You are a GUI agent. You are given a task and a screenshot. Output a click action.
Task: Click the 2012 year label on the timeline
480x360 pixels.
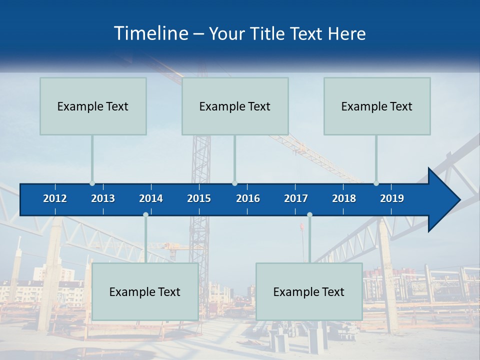click(55, 198)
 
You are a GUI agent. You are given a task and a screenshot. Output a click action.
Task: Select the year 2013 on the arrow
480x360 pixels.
click(103, 198)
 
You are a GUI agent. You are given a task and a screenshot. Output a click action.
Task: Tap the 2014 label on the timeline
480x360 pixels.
click(151, 198)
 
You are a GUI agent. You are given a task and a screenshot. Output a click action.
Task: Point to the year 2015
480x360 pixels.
click(199, 198)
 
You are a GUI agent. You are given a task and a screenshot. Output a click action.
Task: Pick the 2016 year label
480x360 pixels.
click(248, 198)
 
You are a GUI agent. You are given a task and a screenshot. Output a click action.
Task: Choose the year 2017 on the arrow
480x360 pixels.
click(296, 198)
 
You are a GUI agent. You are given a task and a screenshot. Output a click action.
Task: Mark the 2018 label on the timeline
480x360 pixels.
click(344, 198)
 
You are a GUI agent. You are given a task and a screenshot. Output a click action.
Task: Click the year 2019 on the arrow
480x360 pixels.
click(392, 198)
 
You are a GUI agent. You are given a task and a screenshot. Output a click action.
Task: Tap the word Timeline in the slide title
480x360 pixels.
click(150, 33)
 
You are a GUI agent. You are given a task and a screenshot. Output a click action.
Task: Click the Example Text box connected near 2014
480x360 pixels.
click(145, 291)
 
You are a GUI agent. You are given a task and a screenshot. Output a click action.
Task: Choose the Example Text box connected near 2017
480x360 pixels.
click(309, 291)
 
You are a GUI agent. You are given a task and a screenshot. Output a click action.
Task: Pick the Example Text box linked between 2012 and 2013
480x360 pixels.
click(93, 106)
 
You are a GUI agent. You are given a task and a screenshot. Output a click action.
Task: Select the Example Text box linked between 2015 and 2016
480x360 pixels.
click(235, 106)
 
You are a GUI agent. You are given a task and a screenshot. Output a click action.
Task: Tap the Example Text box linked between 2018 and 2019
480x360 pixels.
click(377, 106)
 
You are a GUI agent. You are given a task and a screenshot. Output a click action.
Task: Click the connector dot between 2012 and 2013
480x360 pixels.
click(92, 183)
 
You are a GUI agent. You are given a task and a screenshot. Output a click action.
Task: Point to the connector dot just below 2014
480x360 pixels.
click(145, 214)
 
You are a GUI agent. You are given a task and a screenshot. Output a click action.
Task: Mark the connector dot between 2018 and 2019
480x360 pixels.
click(376, 183)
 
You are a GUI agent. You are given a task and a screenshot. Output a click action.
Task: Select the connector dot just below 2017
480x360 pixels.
click(309, 214)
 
